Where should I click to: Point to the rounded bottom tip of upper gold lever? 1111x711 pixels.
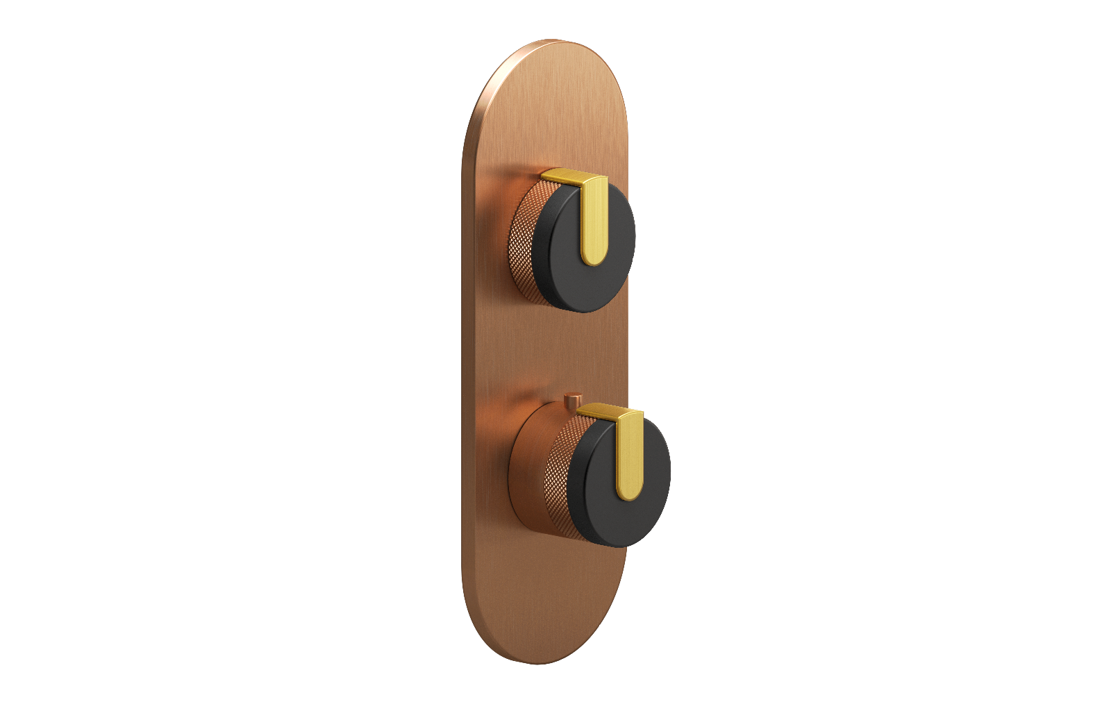click(x=593, y=260)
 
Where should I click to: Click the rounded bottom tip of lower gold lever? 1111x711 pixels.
click(x=628, y=495)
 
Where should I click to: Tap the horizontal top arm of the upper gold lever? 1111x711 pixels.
click(x=562, y=176)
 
